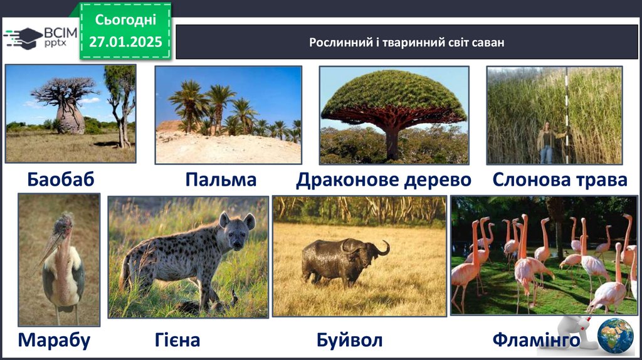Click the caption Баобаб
tap(61, 179)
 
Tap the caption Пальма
tap(221, 179)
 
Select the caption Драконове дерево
tap(384, 180)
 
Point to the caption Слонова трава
tap(560, 180)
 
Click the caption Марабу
tap(54, 341)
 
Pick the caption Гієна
tap(177, 340)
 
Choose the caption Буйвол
tap(350, 341)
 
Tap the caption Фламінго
tap(537, 340)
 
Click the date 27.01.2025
tap(125, 42)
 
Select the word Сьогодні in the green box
tap(125, 19)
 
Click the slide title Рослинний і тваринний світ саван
tap(406, 43)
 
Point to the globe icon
tap(615, 336)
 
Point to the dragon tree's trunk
tap(392, 141)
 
